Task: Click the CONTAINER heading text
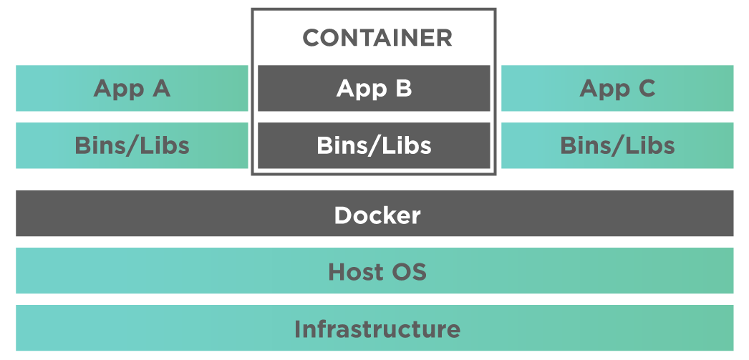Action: (377, 37)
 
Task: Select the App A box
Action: (132, 89)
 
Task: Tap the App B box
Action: (374, 89)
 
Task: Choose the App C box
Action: (617, 89)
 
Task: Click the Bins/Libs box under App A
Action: (132, 146)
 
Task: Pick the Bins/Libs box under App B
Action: (374, 146)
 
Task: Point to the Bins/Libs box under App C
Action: (617, 146)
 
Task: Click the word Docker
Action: (377, 215)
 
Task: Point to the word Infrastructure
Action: (377, 329)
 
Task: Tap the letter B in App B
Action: (403, 89)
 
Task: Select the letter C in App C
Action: (647, 89)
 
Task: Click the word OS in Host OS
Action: (409, 272)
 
